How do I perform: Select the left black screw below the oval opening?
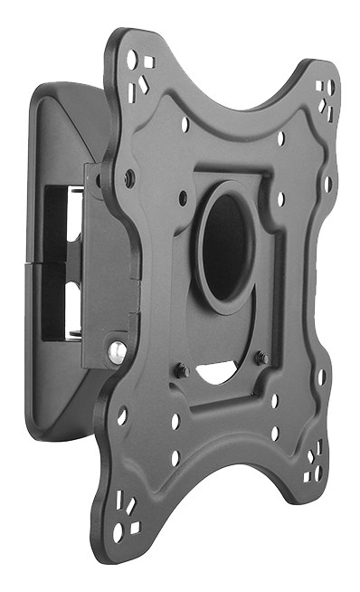pyautogui.click(x=183, y=369)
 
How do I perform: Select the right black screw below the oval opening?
pyautogui.click(x=261, y=358)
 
